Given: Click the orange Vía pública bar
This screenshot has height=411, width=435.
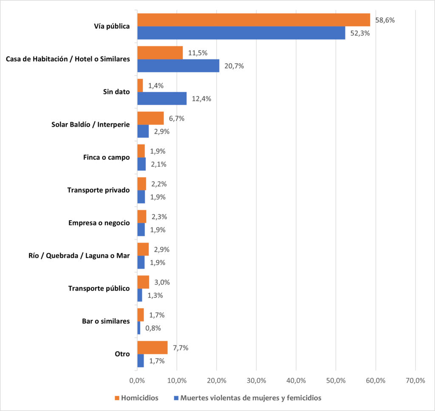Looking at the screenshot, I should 254,20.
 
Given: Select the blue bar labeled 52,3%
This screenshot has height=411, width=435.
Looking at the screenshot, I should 241,33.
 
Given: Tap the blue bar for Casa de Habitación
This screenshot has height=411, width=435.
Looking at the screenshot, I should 178,66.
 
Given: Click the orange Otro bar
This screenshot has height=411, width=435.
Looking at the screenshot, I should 152,348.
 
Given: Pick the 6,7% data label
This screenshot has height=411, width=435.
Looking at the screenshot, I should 176,119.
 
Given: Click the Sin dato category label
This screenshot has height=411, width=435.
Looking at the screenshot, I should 116,92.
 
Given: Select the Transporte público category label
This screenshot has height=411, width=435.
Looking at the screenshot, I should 99,289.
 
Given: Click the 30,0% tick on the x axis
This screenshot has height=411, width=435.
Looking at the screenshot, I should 256,380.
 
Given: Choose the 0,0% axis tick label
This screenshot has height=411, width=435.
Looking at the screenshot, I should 137,380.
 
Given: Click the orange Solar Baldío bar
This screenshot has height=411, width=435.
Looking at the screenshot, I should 150,118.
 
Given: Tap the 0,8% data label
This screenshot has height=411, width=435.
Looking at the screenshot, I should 153,328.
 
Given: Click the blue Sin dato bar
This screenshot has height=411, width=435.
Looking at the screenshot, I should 162,99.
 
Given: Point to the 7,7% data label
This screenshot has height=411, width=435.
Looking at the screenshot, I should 180,348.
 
